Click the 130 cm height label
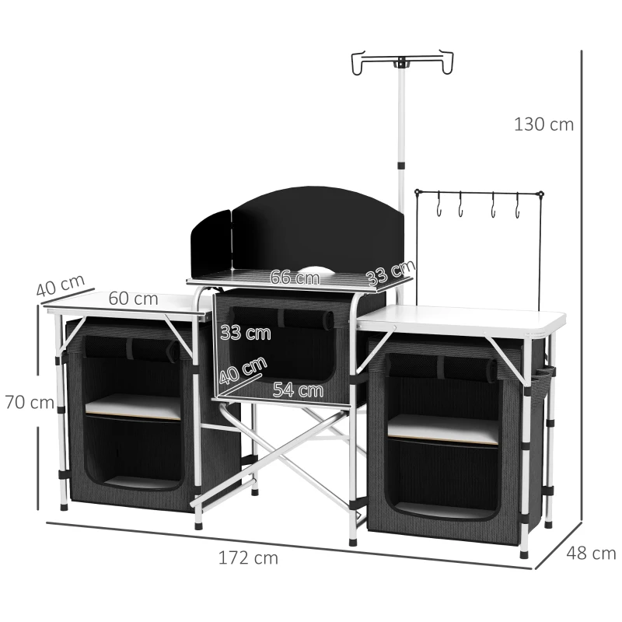tap(543, 124)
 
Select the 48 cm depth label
tap(590, 554)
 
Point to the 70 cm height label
tap(28, 403)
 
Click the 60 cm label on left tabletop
tap(133, 299)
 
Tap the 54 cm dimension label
tap(298, 390)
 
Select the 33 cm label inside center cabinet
tap(245, 333)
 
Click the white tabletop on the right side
tap(466, 319)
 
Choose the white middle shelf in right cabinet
tap(443, 428)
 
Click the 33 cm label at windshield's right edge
tap(390, 274)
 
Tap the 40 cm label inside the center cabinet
tap(242, 372)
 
